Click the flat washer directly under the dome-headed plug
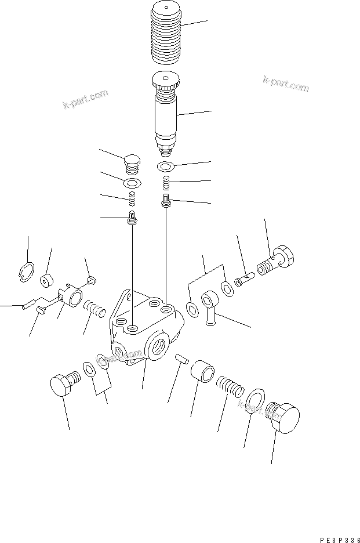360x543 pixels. point(133,184)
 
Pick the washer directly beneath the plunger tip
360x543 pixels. point(166,168)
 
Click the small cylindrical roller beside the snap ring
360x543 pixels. point(46,280)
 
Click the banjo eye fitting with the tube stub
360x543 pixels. point(210,304)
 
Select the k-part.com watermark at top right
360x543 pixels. point(285,84)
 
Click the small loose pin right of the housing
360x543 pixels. point(183,359)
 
